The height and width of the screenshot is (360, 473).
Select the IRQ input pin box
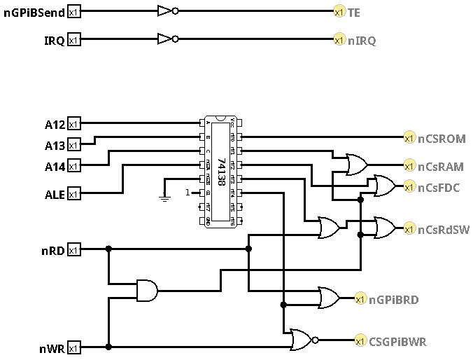point(74,41)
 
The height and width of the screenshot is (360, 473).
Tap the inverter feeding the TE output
point(167,12)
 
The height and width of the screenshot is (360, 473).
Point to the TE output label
point(355,12)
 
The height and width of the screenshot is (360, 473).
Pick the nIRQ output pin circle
point(339,41)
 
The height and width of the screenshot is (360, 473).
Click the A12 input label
point(55,125)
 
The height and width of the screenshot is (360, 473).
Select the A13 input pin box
point(74,145)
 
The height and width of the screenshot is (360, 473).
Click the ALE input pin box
point(74,193)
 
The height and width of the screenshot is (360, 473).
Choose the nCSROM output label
point(442,138)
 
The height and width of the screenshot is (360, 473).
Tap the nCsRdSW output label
point(442,228)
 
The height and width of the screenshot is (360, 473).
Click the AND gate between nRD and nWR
point(146,289)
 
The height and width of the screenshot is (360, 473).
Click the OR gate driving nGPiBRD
point(330,298)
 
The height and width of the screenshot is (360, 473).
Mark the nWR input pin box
point(74,347)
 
